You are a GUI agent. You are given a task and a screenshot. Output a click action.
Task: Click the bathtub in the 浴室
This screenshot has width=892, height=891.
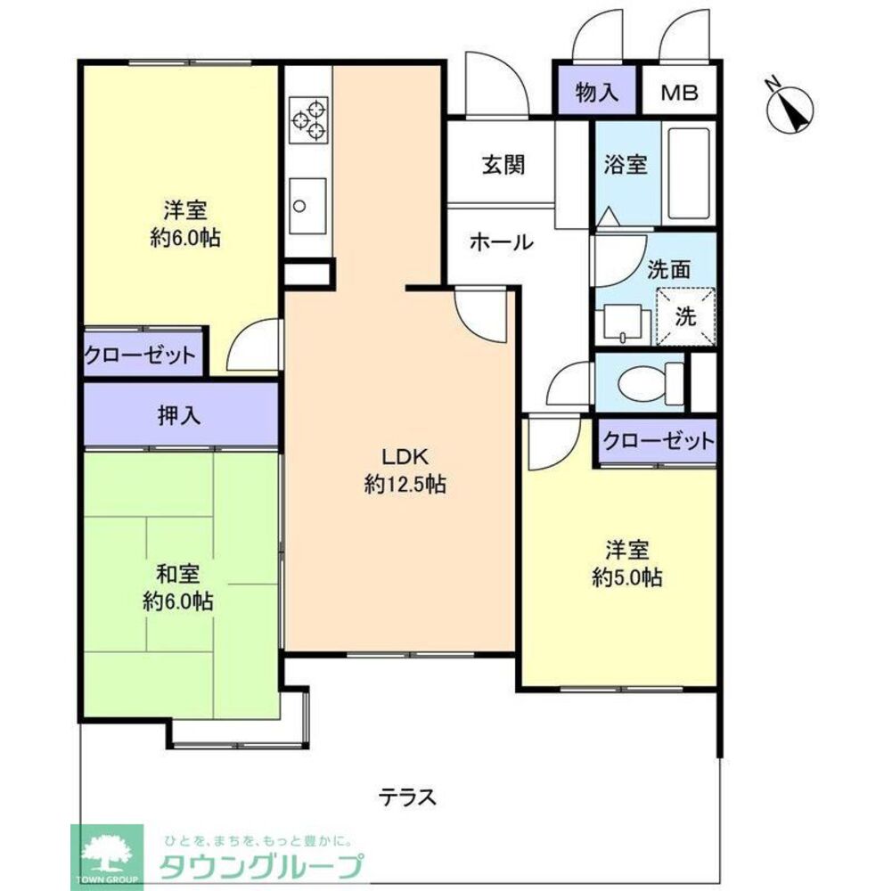point(687,174)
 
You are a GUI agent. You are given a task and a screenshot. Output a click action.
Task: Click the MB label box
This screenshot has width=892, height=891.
point(680,93)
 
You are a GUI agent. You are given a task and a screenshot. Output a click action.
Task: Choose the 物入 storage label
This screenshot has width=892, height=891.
point(597,93)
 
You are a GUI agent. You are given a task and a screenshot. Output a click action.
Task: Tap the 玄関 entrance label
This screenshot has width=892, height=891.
point(503,165)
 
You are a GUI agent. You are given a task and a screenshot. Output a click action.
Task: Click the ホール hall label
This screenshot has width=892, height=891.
point(500,241)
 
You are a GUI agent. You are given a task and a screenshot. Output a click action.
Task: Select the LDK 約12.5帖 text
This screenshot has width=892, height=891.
point(405,471)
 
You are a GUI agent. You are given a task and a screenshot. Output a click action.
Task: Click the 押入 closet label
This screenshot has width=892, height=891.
point(178,414)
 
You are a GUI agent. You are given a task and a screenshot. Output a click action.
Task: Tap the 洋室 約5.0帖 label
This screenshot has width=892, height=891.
point(627,564)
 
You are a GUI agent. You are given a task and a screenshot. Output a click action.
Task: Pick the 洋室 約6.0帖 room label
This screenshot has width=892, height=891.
point(185,225)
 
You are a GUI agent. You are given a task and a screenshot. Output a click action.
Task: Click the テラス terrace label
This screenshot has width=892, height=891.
point(407,796)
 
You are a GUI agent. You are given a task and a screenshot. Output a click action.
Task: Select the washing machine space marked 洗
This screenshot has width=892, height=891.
point(685,315)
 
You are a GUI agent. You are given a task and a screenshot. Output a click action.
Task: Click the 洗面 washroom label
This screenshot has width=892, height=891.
point(667,269)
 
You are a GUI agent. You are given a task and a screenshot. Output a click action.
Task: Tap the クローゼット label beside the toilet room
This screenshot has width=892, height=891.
point(658,440)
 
